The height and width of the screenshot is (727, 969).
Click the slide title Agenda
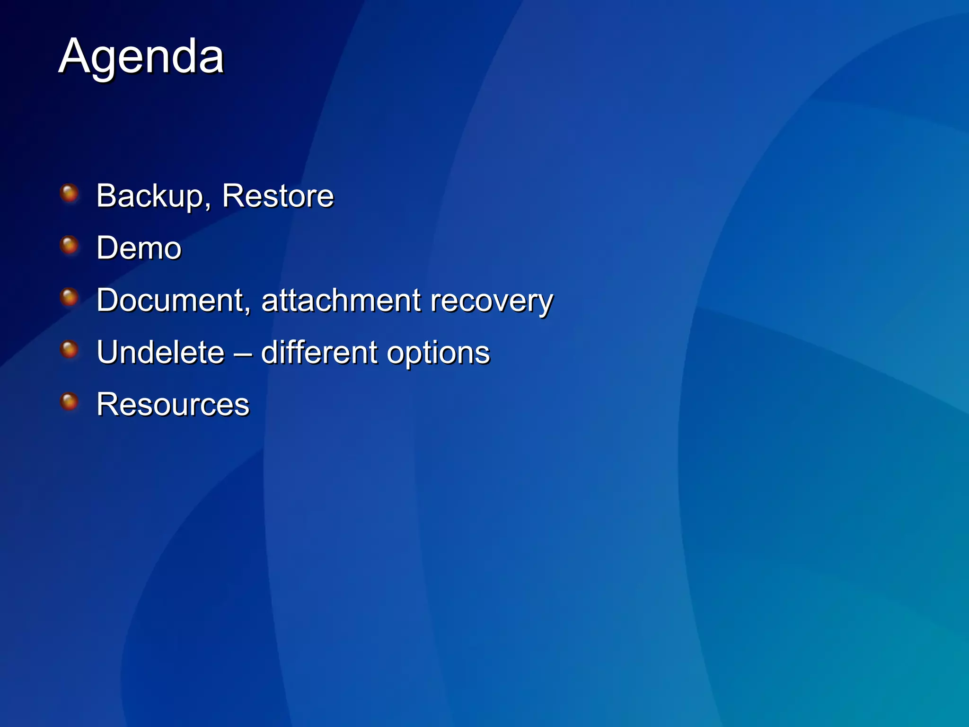point(141,57)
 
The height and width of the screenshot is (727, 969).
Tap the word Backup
point(150,196)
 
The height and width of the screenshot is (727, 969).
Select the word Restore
point(278,196)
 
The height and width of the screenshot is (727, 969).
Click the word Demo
point(139,248)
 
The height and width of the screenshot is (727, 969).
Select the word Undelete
point(160,352)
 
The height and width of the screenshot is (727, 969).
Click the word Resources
point(173,405)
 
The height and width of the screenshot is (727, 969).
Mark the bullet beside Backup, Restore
point(70,194)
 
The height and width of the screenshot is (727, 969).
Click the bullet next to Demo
point(70,246)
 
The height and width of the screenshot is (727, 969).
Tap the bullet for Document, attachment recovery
point(70,298)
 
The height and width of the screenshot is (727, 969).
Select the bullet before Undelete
point(70,350)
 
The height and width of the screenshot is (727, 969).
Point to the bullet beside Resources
point(70,402)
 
